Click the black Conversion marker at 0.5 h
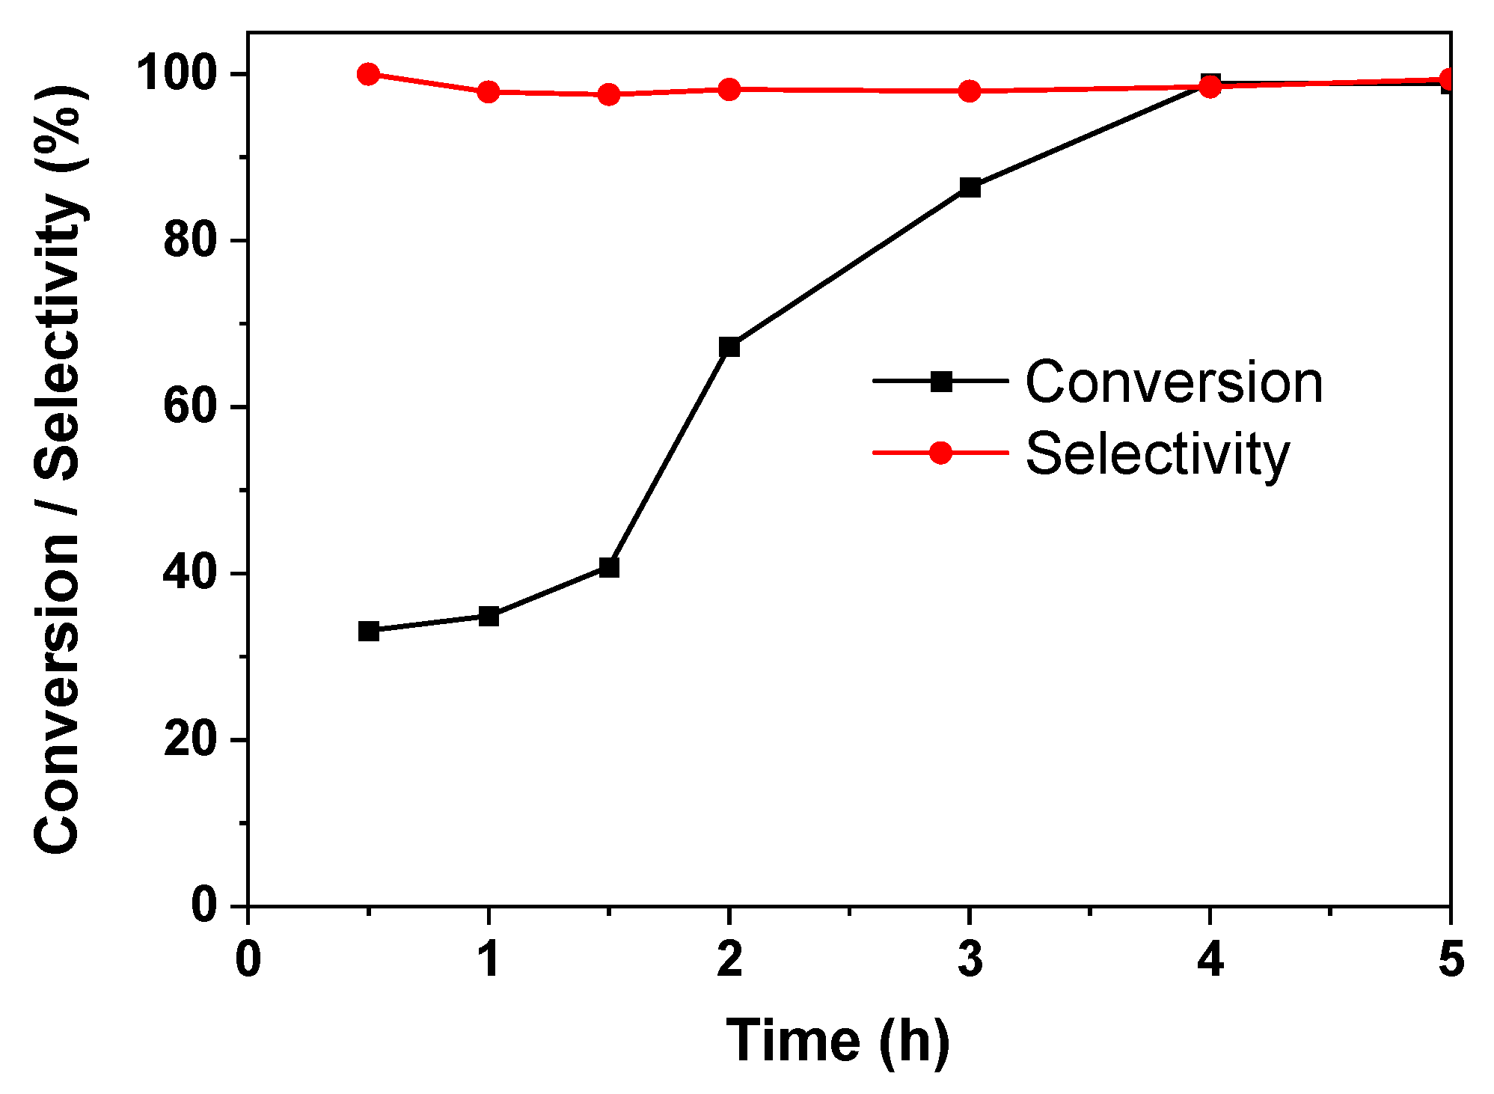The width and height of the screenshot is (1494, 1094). click(368, 631)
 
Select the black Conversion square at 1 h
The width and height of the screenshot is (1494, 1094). click(489, 617)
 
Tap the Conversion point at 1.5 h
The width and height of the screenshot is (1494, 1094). click(609, 568)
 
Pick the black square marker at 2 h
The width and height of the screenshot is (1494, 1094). click(729, 346)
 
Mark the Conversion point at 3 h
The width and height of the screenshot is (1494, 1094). click(970, 187)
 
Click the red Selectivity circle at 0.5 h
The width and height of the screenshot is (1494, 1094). click(368, 74)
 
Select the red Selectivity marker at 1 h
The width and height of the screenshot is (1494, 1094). click(489, 92)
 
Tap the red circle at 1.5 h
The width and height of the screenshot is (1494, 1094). click(609, 95)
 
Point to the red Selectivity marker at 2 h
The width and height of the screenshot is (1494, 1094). click(729, 90)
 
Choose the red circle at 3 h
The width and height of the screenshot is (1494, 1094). click(970, 91)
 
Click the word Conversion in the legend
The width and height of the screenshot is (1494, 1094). click(1173, 382)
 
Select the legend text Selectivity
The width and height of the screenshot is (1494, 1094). click(1157, 453)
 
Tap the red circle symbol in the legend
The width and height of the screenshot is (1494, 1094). click(940, 453)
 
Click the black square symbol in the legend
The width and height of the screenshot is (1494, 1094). click(941, 381)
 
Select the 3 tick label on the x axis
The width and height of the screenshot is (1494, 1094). click(970, 959)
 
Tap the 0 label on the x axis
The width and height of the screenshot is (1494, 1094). click(248, 959)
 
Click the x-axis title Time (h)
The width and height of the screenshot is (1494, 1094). click(837, 1041)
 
